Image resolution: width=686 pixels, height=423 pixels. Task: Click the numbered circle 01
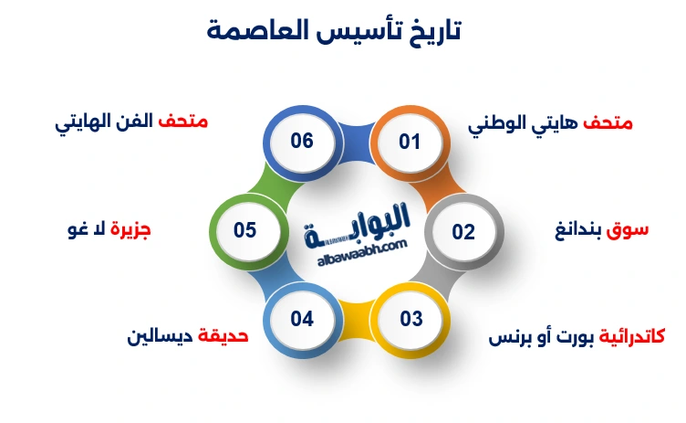410,143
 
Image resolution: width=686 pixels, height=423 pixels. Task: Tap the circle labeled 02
463,231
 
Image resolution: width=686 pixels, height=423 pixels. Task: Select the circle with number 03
411,319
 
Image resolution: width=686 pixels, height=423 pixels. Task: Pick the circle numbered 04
302,319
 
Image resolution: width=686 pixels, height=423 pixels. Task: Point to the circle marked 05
244,230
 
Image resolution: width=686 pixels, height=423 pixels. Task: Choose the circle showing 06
302,142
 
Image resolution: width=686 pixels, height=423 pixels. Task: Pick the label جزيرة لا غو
109,230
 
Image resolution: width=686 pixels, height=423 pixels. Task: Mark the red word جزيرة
130,230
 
